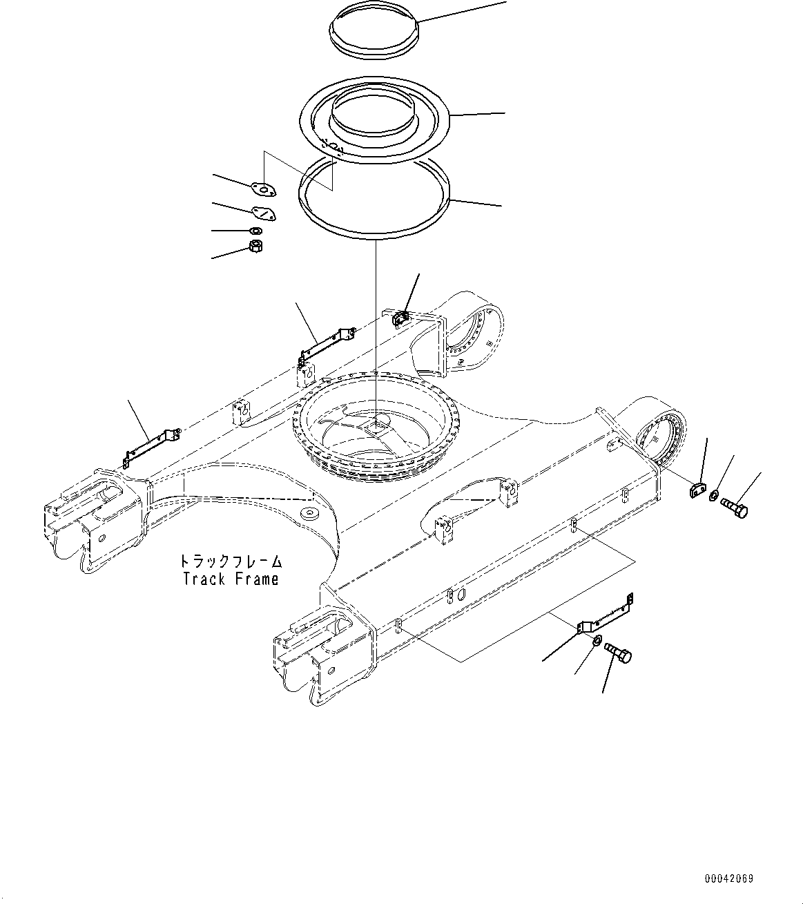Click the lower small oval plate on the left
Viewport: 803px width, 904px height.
pyautogui.click(x=262, y=214)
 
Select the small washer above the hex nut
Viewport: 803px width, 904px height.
pyautogui.click(x=255, y=231)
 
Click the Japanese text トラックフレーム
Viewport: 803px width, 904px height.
pyautogui.click(x=231, y=561)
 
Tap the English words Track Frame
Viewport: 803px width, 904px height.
pyautogui.click(x=231, y=579)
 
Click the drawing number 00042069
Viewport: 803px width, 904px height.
pyautogui.click(x=729, y=879)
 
